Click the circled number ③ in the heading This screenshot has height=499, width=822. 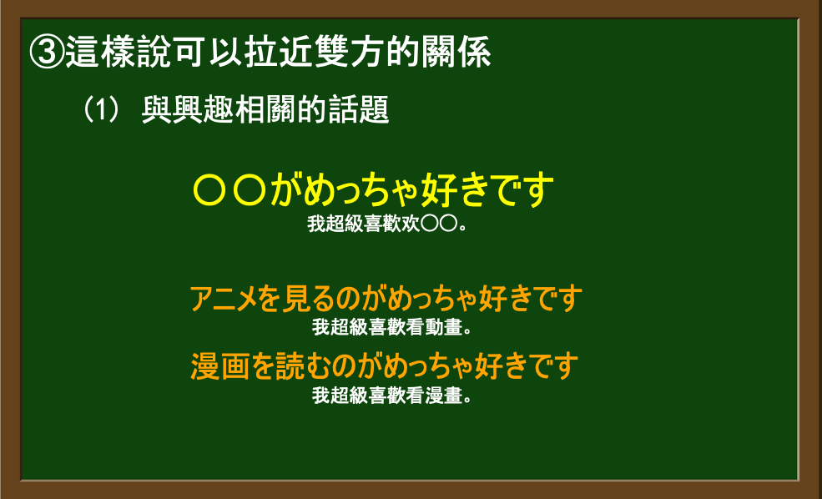47,52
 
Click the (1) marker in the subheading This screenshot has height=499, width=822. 101,109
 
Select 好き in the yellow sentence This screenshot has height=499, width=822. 457,190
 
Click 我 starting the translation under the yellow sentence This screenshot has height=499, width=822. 316,224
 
